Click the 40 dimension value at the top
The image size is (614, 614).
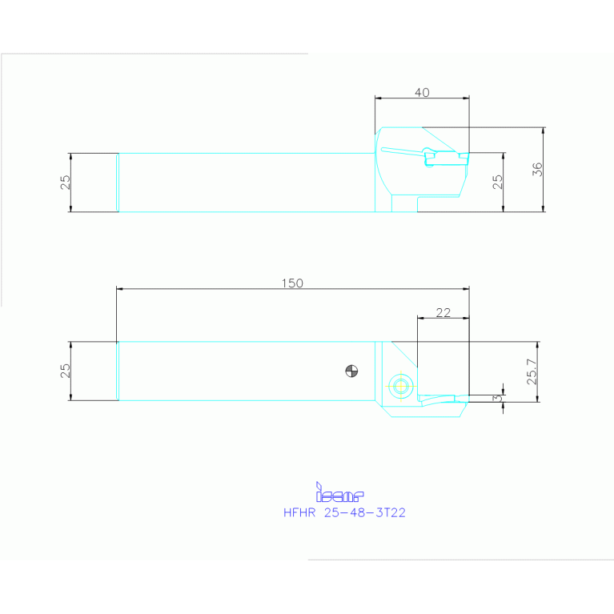(422, 92)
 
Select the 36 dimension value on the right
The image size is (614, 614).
(538, 169)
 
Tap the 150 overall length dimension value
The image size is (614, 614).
(292, 283)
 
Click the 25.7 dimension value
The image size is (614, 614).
(532, 372)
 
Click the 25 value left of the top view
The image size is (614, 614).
(66, 183)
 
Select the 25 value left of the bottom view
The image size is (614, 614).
(66, 371)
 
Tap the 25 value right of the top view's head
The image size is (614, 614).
(498, 183)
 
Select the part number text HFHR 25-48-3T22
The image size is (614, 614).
(344, 513)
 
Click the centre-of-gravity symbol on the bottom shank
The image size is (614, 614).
(351, 370)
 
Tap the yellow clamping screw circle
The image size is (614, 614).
(399, 385)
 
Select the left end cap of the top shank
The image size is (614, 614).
(118, 183)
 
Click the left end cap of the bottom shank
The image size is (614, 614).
(118, 371)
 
